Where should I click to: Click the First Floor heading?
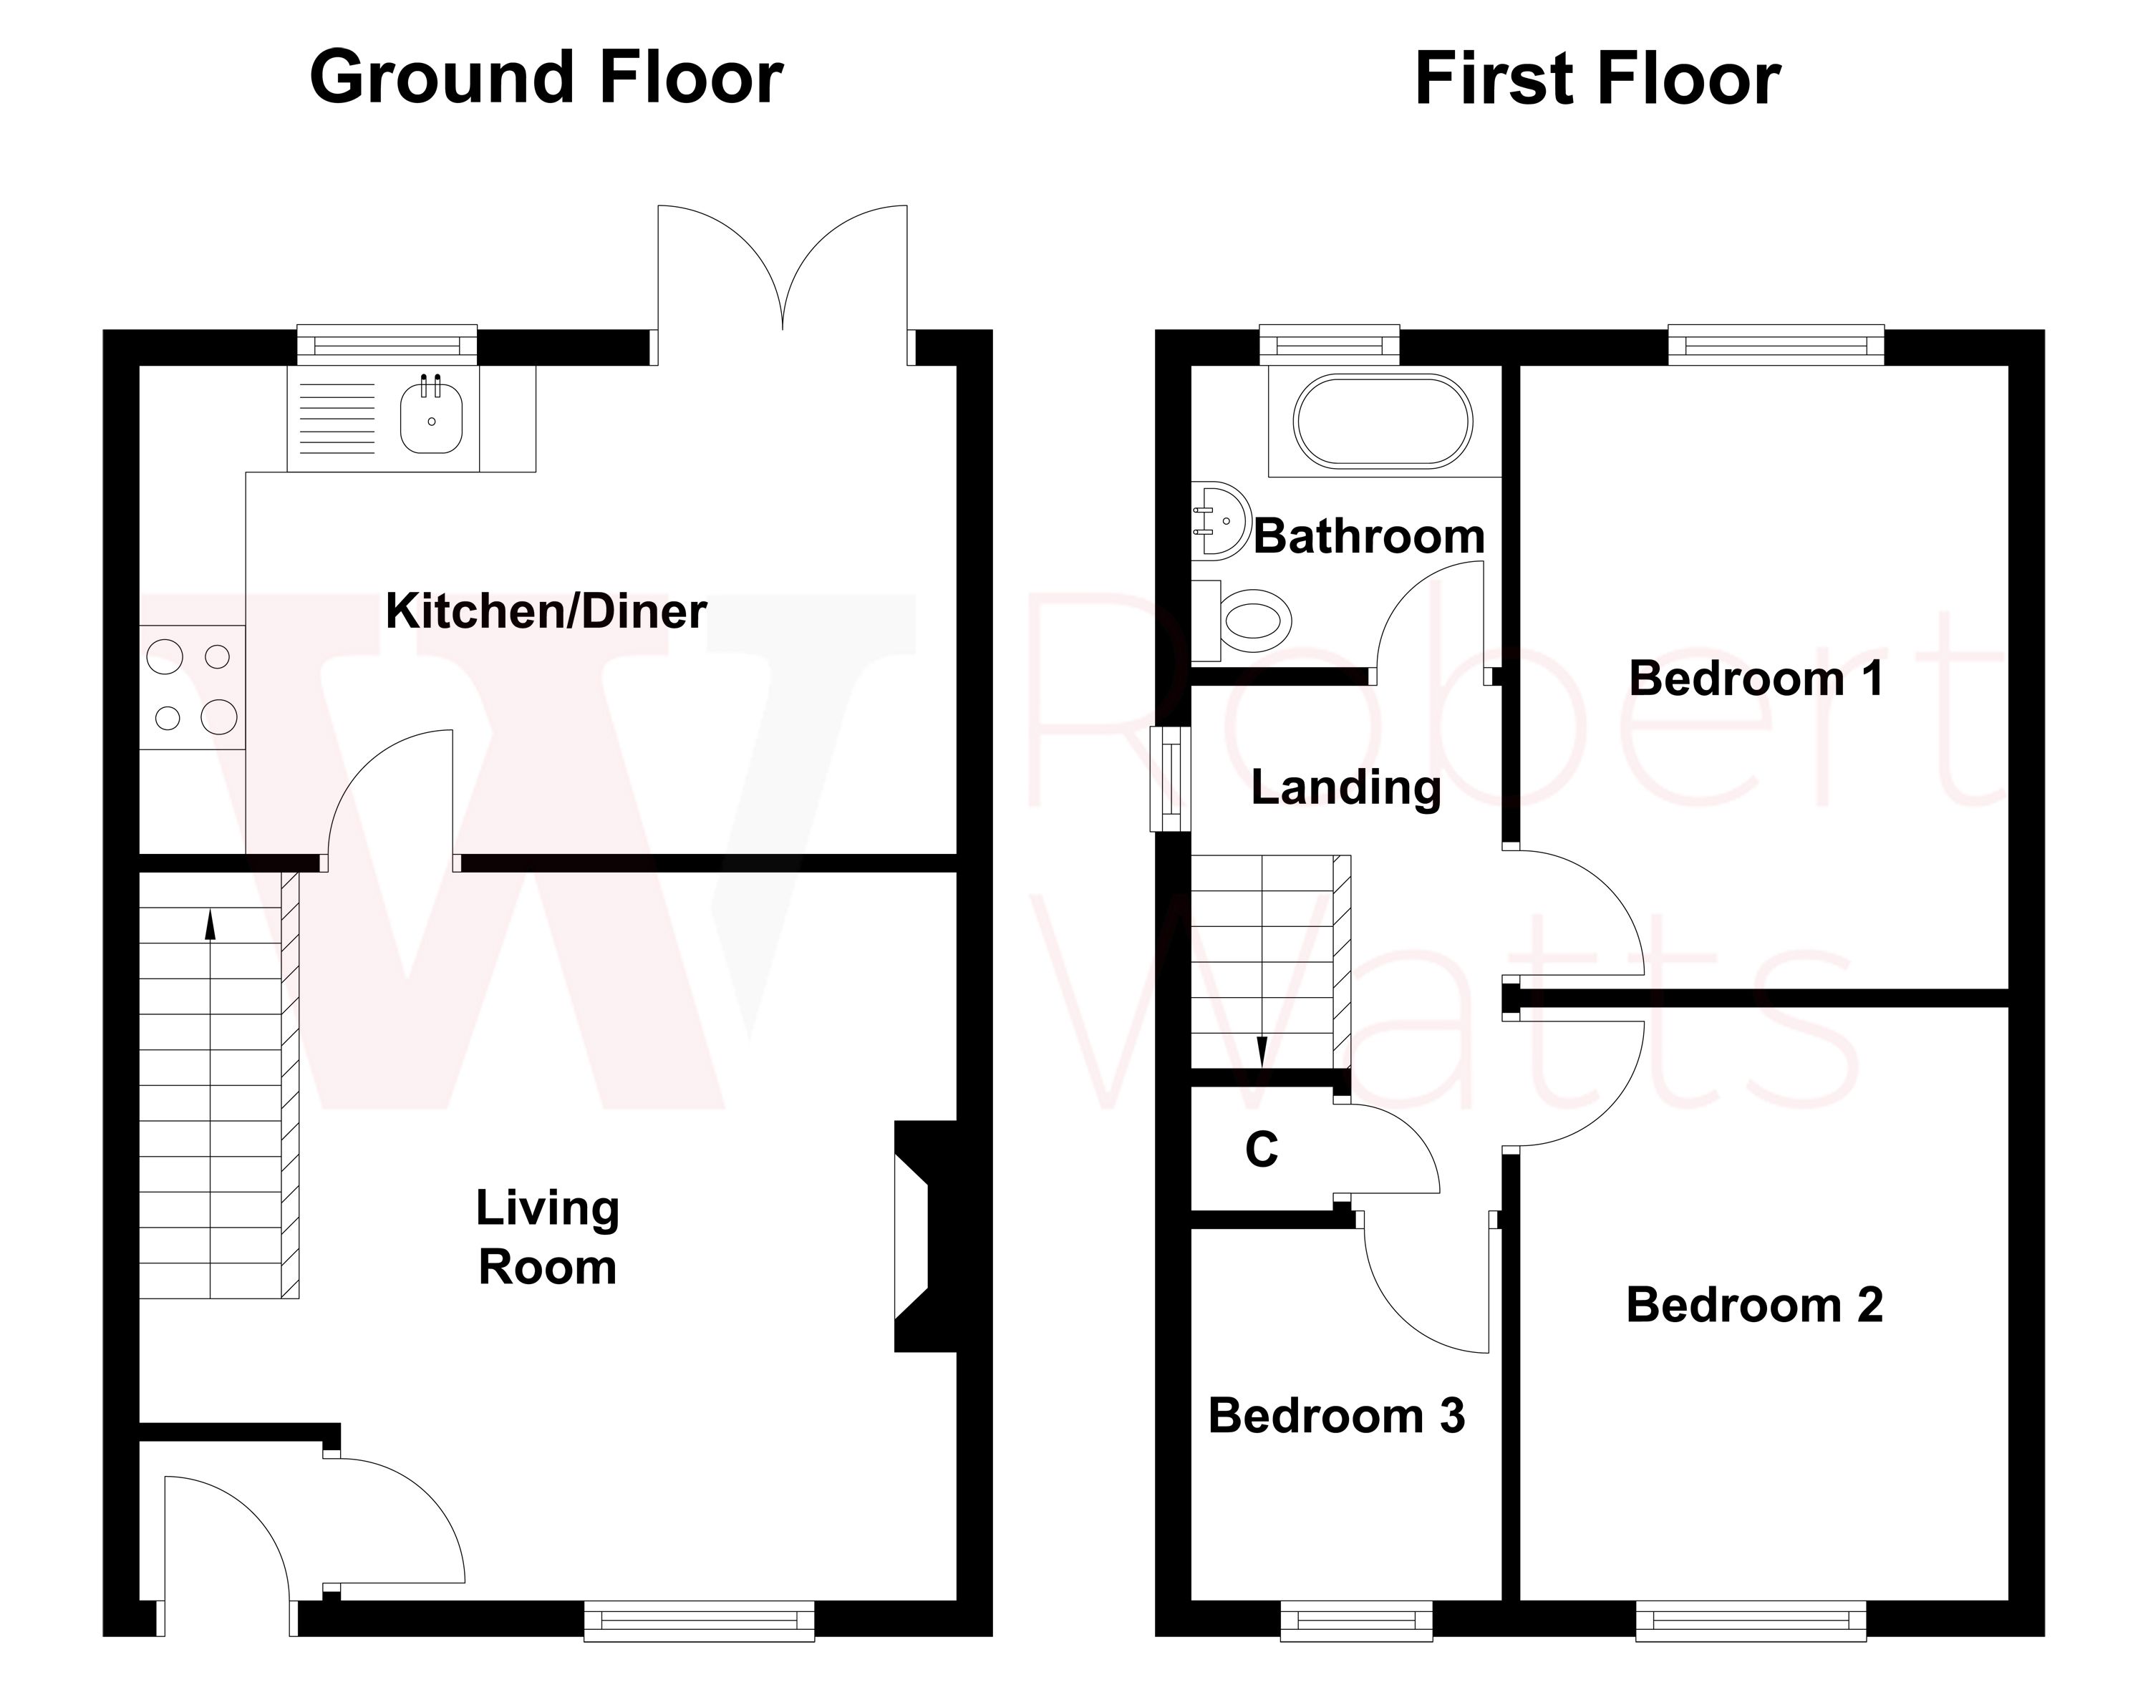pos(1597,79)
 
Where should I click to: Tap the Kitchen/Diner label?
pos(546,611)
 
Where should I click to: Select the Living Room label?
pos(548,1237)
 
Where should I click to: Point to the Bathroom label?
pos(1369,536)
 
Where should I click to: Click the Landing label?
pos(1345,787)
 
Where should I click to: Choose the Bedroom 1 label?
pos(1755,679)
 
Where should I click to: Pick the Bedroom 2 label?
pos(1754,1304)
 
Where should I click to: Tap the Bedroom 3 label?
pos(1336,1416)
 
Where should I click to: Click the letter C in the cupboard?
pos(1261,1150)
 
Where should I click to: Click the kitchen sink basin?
pos(432,419)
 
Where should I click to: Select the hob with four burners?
pos(192,686)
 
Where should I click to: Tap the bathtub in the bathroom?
pos(1383,420)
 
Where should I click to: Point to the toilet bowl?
pos(1255,621)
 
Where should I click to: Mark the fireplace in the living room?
pos(916,1236)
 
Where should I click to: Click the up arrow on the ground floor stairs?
pos(210,924)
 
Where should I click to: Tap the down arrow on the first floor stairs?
pos(1262,1051)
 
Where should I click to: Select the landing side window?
pos(1169,779)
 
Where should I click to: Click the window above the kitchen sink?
pos(387,345)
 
